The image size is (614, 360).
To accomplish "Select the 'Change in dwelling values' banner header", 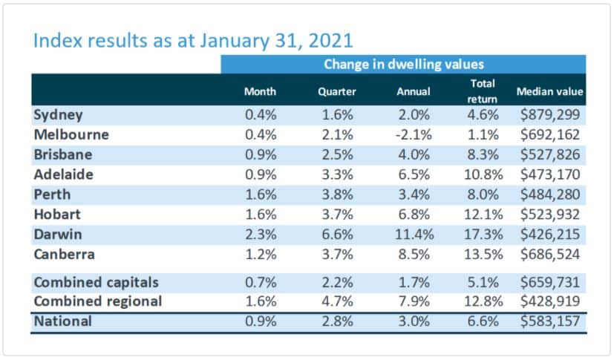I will coord(403,65).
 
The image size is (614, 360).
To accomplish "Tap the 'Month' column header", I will coord(260,92).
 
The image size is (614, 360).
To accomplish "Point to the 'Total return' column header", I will coord(483,91).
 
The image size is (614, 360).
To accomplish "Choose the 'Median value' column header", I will coord(550,92).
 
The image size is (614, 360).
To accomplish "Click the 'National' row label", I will coord(63,322).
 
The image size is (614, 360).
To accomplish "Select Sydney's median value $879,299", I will coord(550,115).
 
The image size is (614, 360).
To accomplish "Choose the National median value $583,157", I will coord(550,322).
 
